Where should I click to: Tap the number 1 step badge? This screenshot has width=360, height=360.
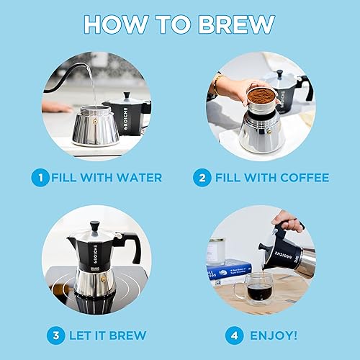coord(42,176)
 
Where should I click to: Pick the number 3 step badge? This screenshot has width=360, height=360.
coord(55,336)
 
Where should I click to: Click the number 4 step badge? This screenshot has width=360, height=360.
coord(233,336)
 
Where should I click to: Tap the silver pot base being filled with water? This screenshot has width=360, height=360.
coord(95,126)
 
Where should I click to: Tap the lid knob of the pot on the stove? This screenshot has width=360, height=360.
coord(93,225)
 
